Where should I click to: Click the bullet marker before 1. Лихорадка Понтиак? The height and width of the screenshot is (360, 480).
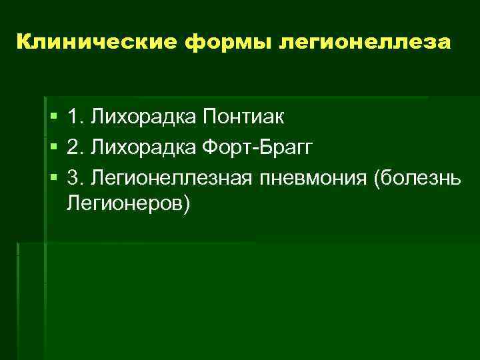[x=54, y=118]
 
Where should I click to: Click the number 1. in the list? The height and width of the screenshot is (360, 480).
[x=75, y=117]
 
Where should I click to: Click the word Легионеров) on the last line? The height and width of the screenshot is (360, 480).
[x=129, y=204]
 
